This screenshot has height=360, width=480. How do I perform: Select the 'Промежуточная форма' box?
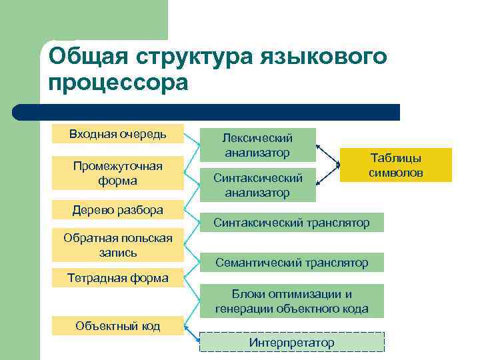pyautogui.click(x=118, y=173)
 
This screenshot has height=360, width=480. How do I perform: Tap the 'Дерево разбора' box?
pyautogui.click(x=118, y=210)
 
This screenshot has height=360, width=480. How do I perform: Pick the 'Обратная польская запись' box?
pyautogui.click(x=118, y=245)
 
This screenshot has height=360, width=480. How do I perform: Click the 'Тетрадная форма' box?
pyautogui.click(x=118, y=278)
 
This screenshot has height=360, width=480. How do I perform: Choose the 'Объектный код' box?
pyautogui.click(x=118, y=326)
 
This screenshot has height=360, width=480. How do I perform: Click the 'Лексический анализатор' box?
pyautogui.click(x=258, y=145)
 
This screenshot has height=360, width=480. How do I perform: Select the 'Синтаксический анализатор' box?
pyautogui.click(x=258, y=185)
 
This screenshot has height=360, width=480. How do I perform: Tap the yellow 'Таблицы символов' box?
pyautogui.click(x=396, y=165)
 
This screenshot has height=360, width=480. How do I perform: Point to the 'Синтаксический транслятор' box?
pyautogui.click(x=292, y=223)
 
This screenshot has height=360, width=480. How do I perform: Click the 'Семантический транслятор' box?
pyautogui.click(x=292, y=263)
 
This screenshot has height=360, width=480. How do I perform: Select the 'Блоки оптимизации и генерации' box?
pyautogui.click(x=292, y=301)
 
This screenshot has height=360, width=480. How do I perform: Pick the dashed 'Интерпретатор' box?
pyautogui.click(x=292, y=343)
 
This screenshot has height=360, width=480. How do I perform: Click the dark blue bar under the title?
pyautogui.click(x=207, y=112)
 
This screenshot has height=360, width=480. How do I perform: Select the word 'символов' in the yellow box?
pyautogui.click(x=396, y=173)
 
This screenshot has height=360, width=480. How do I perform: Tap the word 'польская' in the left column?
pyautogui.click(x=145, y=238)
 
